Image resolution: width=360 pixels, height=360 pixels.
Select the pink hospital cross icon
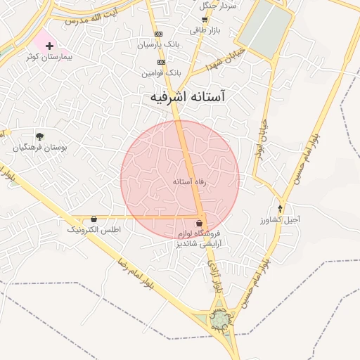[49, 46]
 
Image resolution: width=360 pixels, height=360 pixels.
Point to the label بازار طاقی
[206, 30]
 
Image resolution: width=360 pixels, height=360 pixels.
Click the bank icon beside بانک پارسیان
[158, 34]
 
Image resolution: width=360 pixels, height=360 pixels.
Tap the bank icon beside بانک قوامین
[161, 62]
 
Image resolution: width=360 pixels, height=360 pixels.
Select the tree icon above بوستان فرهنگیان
[39, 136]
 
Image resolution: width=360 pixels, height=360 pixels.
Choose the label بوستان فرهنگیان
[35, 148]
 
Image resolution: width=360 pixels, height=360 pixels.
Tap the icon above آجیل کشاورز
[281, 208]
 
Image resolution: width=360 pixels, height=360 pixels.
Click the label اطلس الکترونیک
[94, 229]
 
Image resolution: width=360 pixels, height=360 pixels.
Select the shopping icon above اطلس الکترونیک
[94, 219]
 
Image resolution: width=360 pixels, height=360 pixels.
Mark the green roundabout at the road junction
[221, 320]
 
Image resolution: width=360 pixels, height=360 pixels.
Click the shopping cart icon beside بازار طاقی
[205, 20]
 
